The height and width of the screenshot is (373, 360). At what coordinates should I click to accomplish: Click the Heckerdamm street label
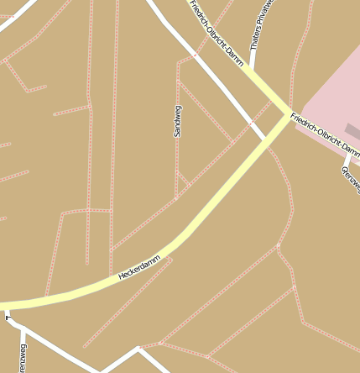pyautogui.click(x=139, y=267)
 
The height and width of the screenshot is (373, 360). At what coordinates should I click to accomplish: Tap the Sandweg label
pyautogui.click(x=177, y=121)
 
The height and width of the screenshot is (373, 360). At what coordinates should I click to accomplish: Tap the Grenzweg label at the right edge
pyautogui.click(x=351, y=178)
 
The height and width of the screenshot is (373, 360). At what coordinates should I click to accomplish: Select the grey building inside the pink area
pyautogui.click(x=353, y=131)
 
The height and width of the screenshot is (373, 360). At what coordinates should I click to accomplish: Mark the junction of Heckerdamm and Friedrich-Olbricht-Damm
pyautogui.click(x=281, y=120)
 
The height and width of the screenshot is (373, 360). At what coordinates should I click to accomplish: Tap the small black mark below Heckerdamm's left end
pyautogui.click(x=7, y=318)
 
